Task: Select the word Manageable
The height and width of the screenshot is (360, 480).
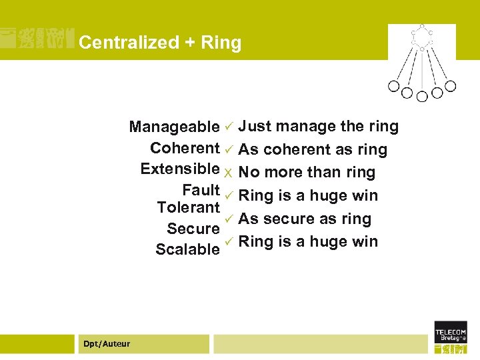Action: click(174, 127)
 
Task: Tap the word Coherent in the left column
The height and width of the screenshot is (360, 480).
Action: click(185, 147)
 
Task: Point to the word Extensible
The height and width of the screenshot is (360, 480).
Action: click(180, 168)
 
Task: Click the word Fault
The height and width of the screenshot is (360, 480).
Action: click(201, 189)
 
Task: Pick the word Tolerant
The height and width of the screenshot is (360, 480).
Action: click(189, 207)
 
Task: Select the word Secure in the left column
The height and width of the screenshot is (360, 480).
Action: click(193, 229)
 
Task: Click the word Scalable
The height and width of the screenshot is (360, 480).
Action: click(187, 249)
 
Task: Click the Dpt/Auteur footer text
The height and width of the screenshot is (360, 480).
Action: click(107, 344)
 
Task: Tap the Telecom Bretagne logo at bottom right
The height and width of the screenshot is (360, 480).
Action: click(451, 337)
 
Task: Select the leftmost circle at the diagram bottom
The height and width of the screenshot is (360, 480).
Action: click(393, 86)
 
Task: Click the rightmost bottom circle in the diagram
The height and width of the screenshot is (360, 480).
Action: click(451, 86)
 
